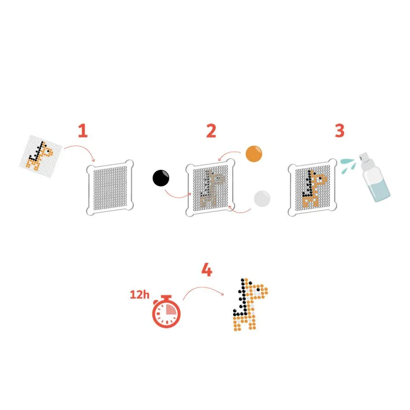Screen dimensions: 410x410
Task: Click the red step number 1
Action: pos(83,131)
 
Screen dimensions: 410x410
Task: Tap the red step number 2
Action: pos(211,131)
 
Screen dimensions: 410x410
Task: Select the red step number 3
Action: pos(340,131)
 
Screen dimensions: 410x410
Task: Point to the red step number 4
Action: pos(207,270)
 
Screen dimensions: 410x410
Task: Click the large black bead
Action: pos(161,178)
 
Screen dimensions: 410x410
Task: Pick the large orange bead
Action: pos(254,154)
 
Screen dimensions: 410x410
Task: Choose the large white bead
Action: pos(262,199)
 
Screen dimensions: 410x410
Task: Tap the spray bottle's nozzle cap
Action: pos(364,157)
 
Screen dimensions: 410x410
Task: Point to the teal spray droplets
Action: pos(348,165)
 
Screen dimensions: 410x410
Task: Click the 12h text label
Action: pos(140,295)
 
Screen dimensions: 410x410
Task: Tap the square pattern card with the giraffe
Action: pos(41,156)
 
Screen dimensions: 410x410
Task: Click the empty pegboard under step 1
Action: pos(110,187)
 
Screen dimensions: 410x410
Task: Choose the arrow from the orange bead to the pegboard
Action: pos(229,154)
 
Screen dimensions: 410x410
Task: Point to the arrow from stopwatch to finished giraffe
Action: pos(203,288)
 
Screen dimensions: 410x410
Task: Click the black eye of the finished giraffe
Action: pos(258,290)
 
